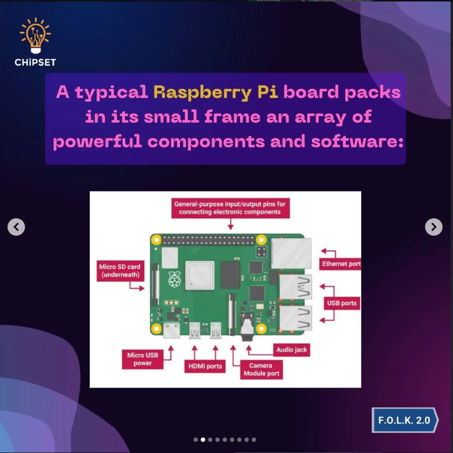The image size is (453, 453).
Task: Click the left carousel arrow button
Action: (x=16, y=226)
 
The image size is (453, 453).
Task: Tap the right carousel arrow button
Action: (x=434, y=226)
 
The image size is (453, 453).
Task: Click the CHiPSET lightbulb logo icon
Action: (x=35, y=35)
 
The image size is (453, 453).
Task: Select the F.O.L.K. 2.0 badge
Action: (x=404, y=420)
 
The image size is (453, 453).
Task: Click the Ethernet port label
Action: (x=341, y=264)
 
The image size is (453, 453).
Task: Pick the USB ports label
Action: (x=341, y=303)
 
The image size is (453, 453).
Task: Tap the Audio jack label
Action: (x=291, y=350)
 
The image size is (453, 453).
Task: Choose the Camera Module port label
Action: (x=261, y=370)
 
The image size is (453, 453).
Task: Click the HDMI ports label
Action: (x=205, y=366)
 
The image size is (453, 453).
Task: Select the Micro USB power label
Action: (x=143, y=359)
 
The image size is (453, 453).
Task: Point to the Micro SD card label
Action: (x=119, y=271)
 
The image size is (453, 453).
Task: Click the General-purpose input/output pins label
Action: (x=230, y=208)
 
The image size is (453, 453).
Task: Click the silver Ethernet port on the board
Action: (x=291, y=253)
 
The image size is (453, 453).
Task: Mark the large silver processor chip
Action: (x=199, y=275)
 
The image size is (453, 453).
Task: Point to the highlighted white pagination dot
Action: (x=203, y=439)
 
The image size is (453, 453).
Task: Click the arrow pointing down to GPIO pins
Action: (x=230, y=224)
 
